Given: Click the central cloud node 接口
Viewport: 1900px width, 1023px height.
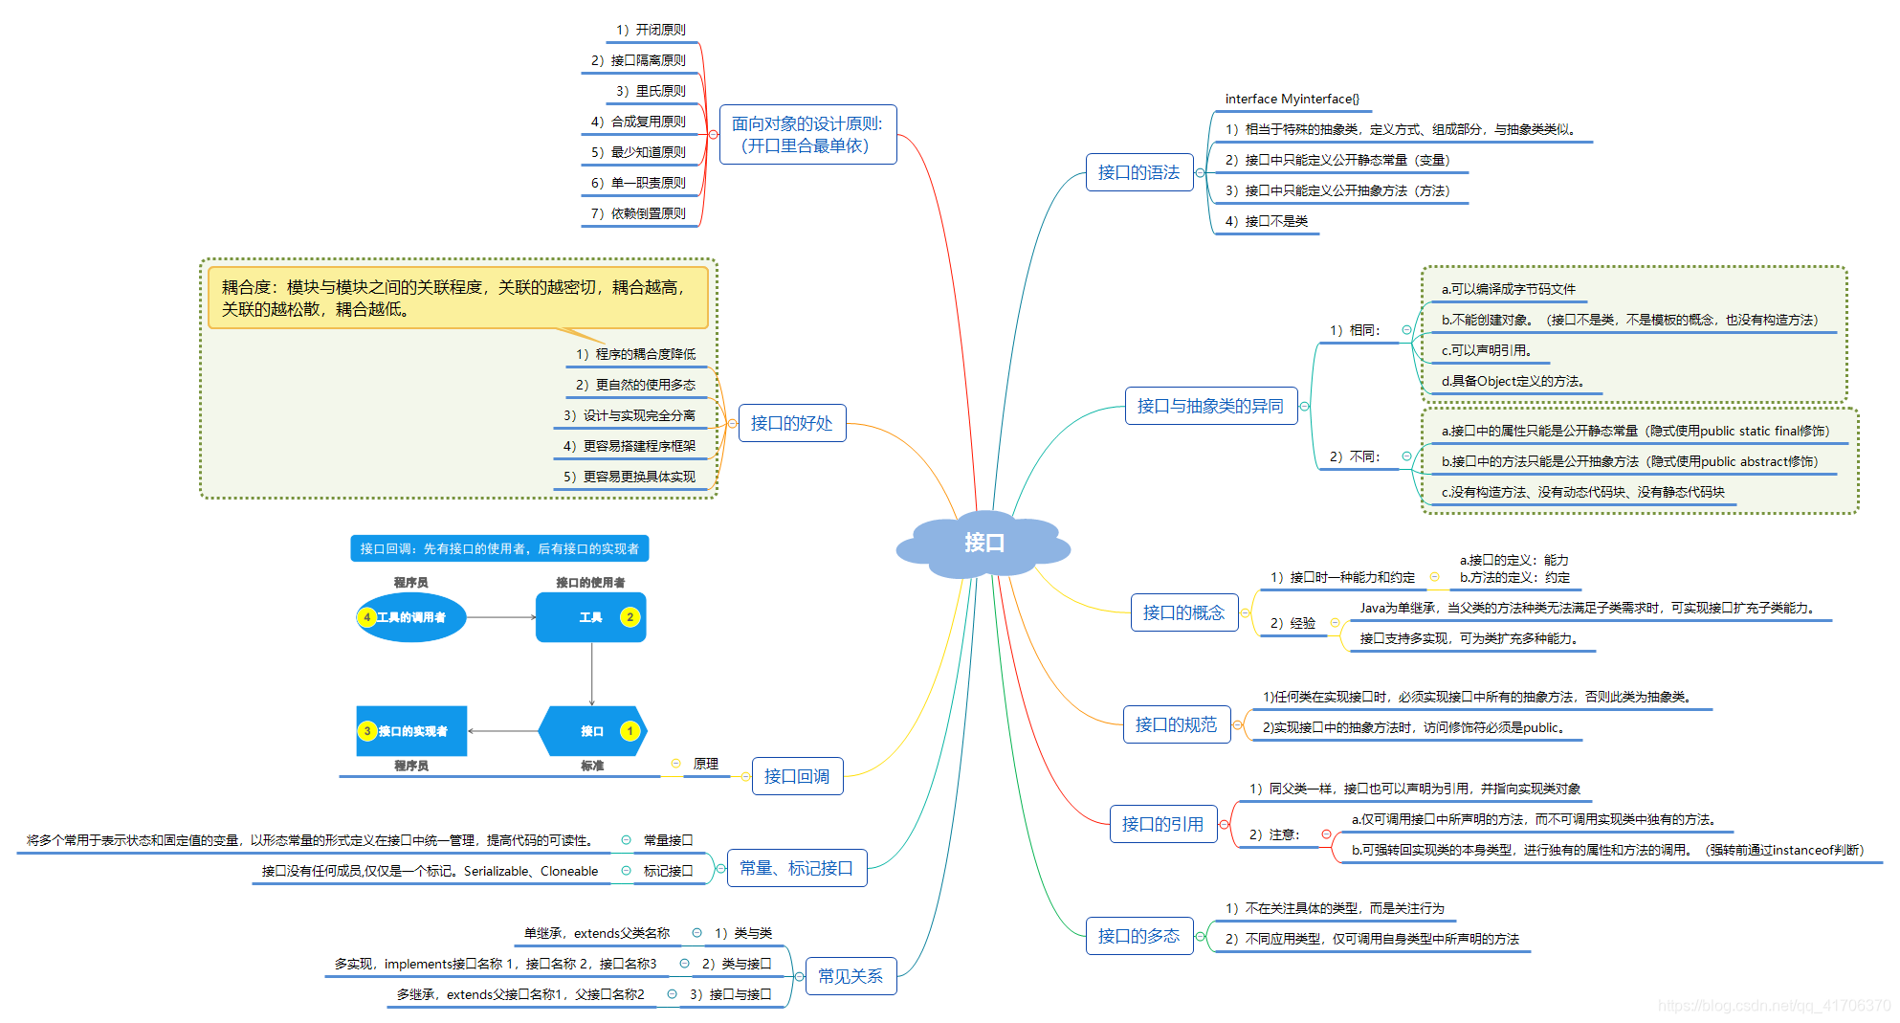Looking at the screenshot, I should pyautogui.click(x=983, y=544).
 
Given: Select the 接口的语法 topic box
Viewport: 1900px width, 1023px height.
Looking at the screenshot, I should pyautogui.click(x=1138, y=172).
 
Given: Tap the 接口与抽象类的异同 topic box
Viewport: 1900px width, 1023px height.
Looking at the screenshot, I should pyautogui.click(x=1210, y=406).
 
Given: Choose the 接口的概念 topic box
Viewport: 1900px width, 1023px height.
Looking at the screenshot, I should pyautogui.click(x=1183, y=612).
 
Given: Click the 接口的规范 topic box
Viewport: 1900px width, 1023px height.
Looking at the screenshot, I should pyautogui.click(x=1176, y=724).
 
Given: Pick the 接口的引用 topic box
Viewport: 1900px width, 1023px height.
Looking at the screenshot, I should pyautogui.click(x=1162, y=824).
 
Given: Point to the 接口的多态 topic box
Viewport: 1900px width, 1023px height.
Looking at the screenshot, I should pyautogui.click(x=1138, y=936).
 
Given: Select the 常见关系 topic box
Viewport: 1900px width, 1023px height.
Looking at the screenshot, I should pyautogui.click(x=851, y=976).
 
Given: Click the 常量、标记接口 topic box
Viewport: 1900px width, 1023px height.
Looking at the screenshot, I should pyautogui.click(x=796, y=868).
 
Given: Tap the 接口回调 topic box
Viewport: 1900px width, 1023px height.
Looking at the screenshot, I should pyautogui.click(x=797, y=776).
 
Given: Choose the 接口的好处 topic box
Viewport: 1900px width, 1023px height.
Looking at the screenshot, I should pyautogui.click(x=791, y=423).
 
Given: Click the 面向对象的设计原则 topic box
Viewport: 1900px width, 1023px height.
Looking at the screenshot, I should pyautogui.click(x=807, y=135).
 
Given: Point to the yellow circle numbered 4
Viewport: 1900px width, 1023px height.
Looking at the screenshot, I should pyautogui.click(x=366, y=617).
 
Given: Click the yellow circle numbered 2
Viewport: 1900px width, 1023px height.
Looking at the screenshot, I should pyautogui.click(x=630, y=617).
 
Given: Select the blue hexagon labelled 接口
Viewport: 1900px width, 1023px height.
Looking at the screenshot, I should pyautogui.click(x=592, y=731).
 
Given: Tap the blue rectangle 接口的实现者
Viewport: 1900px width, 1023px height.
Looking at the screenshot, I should pyautogui.click(x=412, y=731).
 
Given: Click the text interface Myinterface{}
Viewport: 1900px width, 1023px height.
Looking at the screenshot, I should pyautogui.click(x=1292, y=99).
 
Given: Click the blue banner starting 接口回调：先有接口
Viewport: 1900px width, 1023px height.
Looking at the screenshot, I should pyautogui.click(x=499, y=548).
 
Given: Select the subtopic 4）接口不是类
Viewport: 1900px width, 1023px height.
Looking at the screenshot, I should pyautogui.click(x=1266, y=221).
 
